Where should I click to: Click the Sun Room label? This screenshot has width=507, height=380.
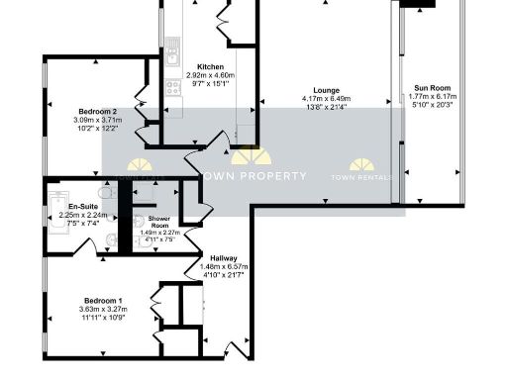coord(427,88)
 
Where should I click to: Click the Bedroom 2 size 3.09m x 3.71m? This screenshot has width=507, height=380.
coord(96,120)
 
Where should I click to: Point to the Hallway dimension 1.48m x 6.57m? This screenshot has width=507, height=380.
coord(222,267)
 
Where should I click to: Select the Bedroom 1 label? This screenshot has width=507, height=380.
coord(103,300)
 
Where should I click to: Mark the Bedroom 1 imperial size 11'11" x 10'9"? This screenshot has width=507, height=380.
coord(103,319)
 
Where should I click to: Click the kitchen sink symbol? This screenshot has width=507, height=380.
coord(171,47)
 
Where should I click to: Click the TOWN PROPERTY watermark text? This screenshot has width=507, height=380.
coord(253,176)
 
